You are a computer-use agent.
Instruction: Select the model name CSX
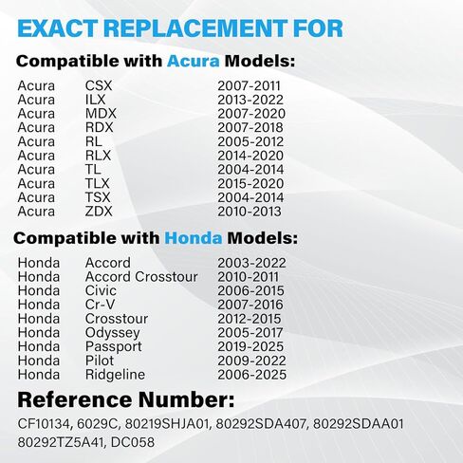[99, 86]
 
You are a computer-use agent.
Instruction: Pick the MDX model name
[101, 114]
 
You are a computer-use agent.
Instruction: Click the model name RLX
[100, 156]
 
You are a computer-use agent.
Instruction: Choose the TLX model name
[100, 183]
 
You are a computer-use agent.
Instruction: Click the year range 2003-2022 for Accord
[252, 263]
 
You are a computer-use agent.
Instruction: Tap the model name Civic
[102, 291]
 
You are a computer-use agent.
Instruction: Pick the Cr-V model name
[101, 306]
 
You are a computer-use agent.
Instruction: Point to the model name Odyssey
[112, 333]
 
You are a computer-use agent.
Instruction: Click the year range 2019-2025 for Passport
[252, 347]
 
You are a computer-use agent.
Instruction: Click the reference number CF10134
[47, 423]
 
